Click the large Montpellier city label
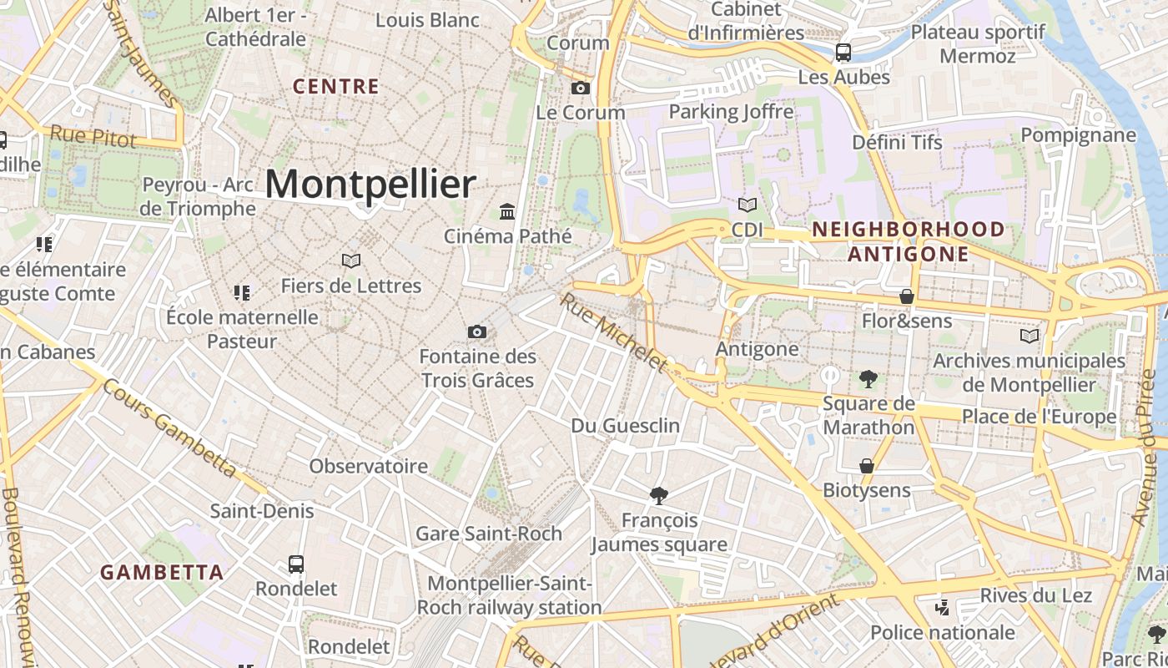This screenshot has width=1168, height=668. (370, 185)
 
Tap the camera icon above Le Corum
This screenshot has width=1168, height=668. (581, 88)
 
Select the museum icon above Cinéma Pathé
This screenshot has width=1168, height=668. (507, 211)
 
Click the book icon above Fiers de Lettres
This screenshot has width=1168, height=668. (351, 261)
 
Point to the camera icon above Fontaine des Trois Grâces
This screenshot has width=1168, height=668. (477, 332)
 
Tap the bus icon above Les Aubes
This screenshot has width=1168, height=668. (843, 53)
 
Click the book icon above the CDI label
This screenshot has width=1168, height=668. (748, 205)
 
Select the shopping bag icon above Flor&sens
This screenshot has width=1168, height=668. (907, 296)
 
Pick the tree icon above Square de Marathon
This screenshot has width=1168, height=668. (868, 379)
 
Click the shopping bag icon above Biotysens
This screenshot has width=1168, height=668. (867, 465)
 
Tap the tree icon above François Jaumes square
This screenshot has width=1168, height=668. (659, 496)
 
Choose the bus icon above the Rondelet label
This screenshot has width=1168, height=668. (296, 564)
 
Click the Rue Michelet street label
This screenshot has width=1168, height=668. (615, 332)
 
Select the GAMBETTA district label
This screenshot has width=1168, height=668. (162, 573)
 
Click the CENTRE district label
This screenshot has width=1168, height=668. (336, 86)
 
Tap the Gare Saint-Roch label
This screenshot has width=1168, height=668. (489, 534)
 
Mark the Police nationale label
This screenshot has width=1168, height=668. (943, 632)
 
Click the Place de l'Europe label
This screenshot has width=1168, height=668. (1039, 417)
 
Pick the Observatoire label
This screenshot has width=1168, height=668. (370, 466)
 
